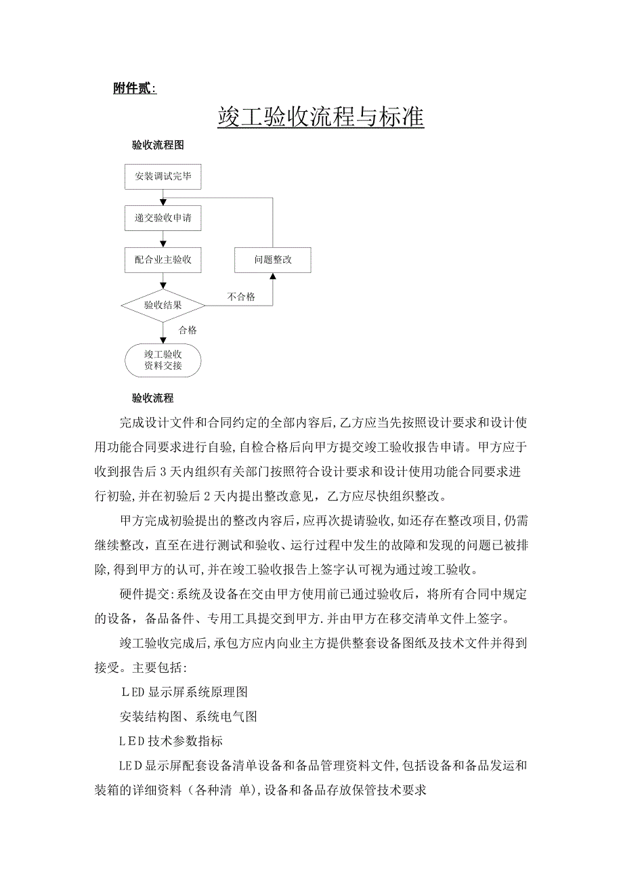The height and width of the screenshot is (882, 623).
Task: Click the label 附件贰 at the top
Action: coord(133,89)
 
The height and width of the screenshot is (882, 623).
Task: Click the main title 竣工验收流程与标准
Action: coord(320,117)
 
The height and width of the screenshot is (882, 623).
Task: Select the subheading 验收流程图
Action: coord(157,145)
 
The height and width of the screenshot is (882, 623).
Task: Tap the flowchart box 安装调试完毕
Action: coord(163,177)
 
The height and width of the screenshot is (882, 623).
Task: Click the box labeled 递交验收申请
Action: coord(163,218)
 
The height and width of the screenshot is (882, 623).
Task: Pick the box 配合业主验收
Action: coord(163,259)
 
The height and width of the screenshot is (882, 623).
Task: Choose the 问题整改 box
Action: coord(273,259)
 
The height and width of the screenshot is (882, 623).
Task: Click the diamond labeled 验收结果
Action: coord(163,305)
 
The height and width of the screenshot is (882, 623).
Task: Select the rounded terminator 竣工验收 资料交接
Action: coord(163,360)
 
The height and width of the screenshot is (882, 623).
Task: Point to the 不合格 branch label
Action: coord(241,297)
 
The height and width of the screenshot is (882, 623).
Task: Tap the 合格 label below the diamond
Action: coord(188,331)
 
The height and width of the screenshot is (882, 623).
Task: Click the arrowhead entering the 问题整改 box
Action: coord(273,276)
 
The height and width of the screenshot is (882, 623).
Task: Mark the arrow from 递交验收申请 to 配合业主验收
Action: coord(163,239)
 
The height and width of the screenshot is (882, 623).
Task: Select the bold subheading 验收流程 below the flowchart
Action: coord(152,398)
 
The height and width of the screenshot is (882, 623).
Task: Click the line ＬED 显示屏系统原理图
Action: coord(184,692)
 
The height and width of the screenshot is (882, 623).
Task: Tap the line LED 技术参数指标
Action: coord(171,741)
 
